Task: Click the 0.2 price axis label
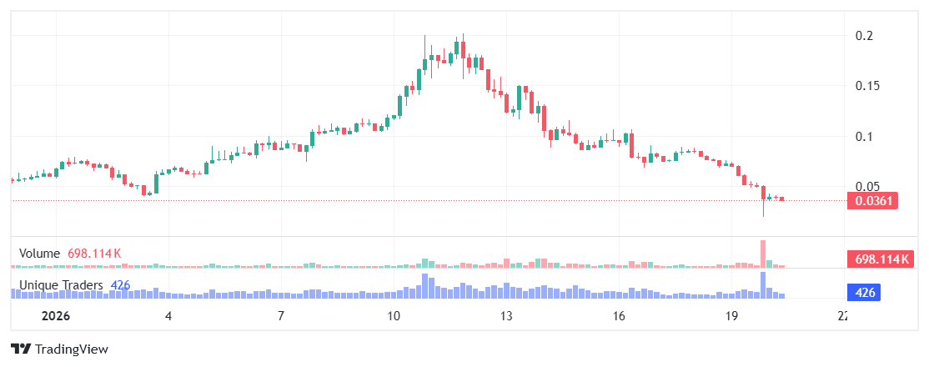point(864,36)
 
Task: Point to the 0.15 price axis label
point(867,86)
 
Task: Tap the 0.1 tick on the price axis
point(864,137)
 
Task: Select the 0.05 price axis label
point(867,187)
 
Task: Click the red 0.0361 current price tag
point(871,201)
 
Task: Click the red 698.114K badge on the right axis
point(877,259)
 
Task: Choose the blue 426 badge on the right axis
point(865,293)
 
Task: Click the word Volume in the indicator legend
point(39,253)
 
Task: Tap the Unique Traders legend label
point(61,285)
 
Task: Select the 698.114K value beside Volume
point(94,253)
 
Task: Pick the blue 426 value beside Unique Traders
point(120,285)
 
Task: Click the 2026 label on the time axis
point(56,317)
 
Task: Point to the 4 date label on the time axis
point(168,317)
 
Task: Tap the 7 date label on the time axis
point(281,317)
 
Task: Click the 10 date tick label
point(394,317)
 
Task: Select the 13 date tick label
point(506,317)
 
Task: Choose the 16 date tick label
point(619,317)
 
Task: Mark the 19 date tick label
point(731,317)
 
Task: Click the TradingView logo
point(59,349)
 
